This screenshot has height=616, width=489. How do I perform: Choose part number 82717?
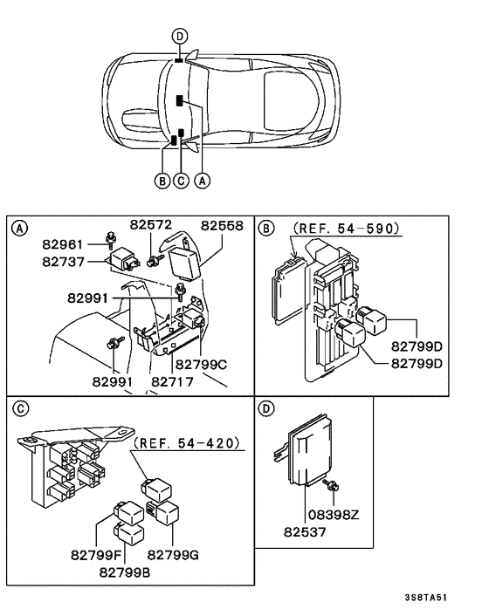tap(172, 381)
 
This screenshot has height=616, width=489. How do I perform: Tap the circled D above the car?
tap(179, 36)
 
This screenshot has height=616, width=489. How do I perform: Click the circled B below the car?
tap(162, 181)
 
